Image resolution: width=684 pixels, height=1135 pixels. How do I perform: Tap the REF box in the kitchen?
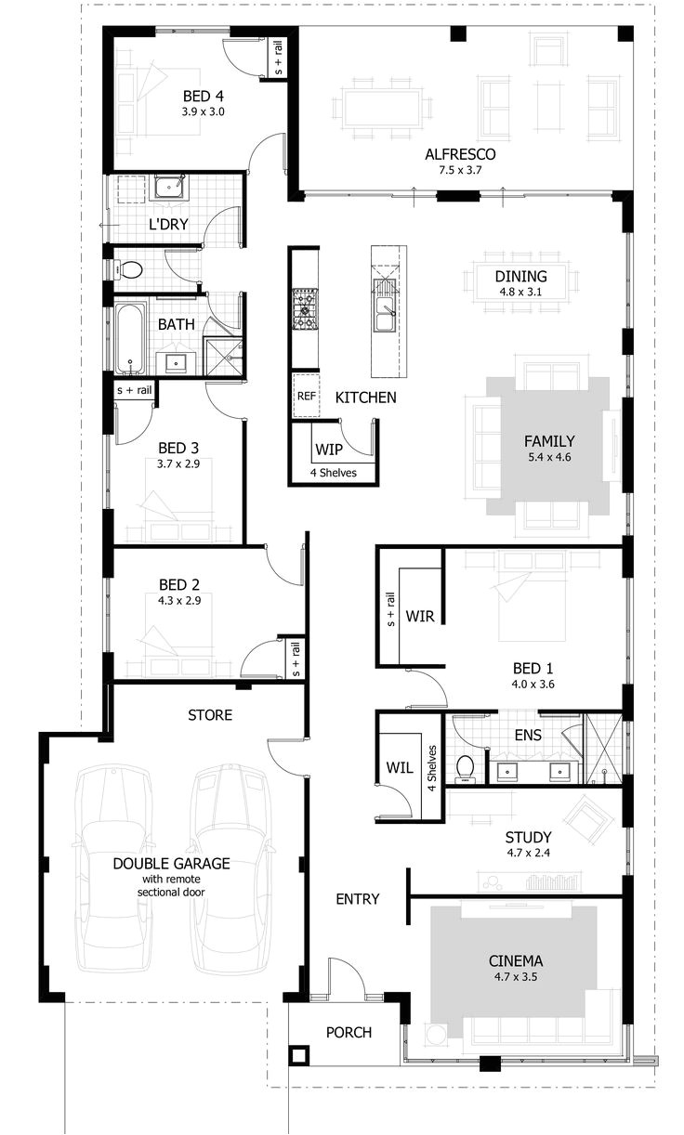[306, 396]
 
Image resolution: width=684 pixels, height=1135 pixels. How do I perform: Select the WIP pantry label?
[329, 450]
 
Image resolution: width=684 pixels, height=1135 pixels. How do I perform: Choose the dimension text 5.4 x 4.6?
[548, 457]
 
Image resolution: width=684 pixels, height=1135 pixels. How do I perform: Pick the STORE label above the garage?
[210, 715]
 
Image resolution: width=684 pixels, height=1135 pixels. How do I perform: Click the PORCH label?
[349, 1032]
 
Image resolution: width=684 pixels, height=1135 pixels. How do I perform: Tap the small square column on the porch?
[298, 1055]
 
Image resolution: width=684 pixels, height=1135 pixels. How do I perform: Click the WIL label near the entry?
[398, 768]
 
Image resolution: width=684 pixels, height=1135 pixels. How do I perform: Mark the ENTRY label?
[358, 898]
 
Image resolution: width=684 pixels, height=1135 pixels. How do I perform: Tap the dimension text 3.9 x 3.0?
[203, 111]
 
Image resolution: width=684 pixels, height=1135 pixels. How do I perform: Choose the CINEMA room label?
[515, 961]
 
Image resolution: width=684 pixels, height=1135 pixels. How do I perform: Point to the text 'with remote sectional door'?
[171, 884]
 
